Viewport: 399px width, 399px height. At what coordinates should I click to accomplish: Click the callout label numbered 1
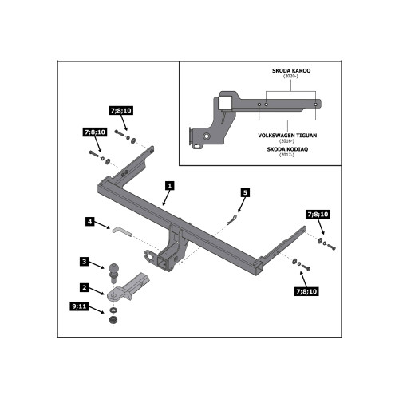170,186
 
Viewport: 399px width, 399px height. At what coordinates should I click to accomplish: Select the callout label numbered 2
85,287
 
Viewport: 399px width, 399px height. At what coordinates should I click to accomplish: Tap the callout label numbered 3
85,262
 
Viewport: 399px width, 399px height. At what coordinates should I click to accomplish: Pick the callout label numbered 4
90,221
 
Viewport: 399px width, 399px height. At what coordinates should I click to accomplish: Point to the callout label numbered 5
245,192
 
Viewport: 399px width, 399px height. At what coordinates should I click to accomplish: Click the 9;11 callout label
79,306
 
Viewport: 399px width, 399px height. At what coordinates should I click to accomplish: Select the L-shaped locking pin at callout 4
122,231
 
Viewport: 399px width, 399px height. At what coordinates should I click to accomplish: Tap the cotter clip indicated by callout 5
232,219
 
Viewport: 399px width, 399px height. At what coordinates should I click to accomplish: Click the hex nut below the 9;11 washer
113,320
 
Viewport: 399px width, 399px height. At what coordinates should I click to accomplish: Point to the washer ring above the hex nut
113,310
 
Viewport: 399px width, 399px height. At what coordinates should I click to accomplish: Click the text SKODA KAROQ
291,71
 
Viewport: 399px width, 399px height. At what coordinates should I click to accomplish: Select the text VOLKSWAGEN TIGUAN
287,136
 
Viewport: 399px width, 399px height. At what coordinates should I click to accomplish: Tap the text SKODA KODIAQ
287,149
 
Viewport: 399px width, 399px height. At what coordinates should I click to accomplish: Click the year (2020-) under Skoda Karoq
290,76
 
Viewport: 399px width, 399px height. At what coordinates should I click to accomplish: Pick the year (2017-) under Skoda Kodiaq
286,155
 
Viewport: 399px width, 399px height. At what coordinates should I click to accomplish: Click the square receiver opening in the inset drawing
224,104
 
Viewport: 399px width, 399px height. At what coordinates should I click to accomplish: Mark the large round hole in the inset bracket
207,136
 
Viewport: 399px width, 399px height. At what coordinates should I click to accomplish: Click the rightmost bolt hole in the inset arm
315,105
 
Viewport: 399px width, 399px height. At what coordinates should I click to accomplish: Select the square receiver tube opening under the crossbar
162,262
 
